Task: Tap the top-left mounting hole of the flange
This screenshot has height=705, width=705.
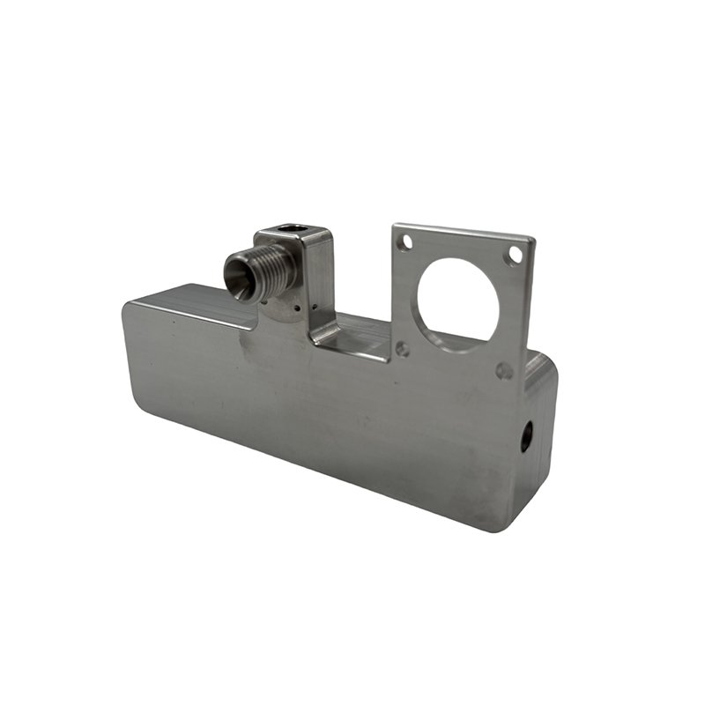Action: [x=404, y=241]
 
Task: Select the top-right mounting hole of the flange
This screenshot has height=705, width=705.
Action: [x=515, y=256]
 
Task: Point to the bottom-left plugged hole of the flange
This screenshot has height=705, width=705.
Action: [x=403, y=349]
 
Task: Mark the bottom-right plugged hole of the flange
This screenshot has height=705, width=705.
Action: [x=504, y=371]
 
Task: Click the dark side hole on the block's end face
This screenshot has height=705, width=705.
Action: [x=525, y=434]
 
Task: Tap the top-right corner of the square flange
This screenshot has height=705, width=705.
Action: [x=531, y=240]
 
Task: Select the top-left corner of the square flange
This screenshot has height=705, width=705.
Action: [x=395, y=226]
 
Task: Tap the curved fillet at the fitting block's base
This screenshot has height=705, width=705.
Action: [x=326, y=333]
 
